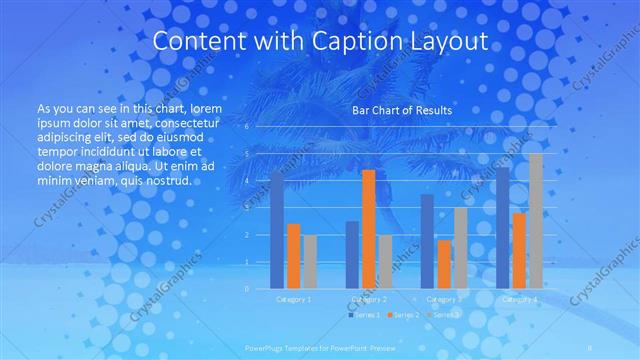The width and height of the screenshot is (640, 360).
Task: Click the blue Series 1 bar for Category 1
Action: pyautogui.click(x=277, y=230)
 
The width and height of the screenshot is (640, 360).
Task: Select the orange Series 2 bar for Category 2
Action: pyautogui.click(x=368, y=229)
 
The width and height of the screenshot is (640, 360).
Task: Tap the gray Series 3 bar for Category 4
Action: pyautogui.click(x=536, y=221)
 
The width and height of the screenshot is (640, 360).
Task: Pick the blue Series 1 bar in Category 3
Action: pyautogui.click(x=427, y=241)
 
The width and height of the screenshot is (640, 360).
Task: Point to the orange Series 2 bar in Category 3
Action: pyautogui.click(x=444, y=264)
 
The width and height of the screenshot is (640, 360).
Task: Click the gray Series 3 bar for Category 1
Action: pyautogui.click(x=310, y=262)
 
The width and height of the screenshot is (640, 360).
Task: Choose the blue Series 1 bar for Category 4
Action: pyautogui.click(x=503, y=228)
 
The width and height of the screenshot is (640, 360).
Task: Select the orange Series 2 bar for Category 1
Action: pyautogui.click(x=294, y=256)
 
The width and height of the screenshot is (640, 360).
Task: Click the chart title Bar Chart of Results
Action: pyautogui.click(x=401, y=110)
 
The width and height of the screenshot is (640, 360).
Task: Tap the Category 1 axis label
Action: pyautogui.click(x=293, y=298)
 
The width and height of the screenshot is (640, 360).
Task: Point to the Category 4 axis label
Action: pyautogui.click(x=519, y=298)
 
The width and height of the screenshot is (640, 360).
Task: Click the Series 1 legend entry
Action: pyautogui.click(x=366, y=315)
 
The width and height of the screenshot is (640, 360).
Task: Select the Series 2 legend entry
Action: pyautogui.click(x=404, y=315)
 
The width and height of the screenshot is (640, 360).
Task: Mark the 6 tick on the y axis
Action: pyautogui.click(x=246, y=127)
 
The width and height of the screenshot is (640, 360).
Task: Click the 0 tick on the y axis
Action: pyautogui.click(x=246, y=288)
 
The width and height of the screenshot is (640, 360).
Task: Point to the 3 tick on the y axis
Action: pyautogui.click(x=246, y=208)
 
